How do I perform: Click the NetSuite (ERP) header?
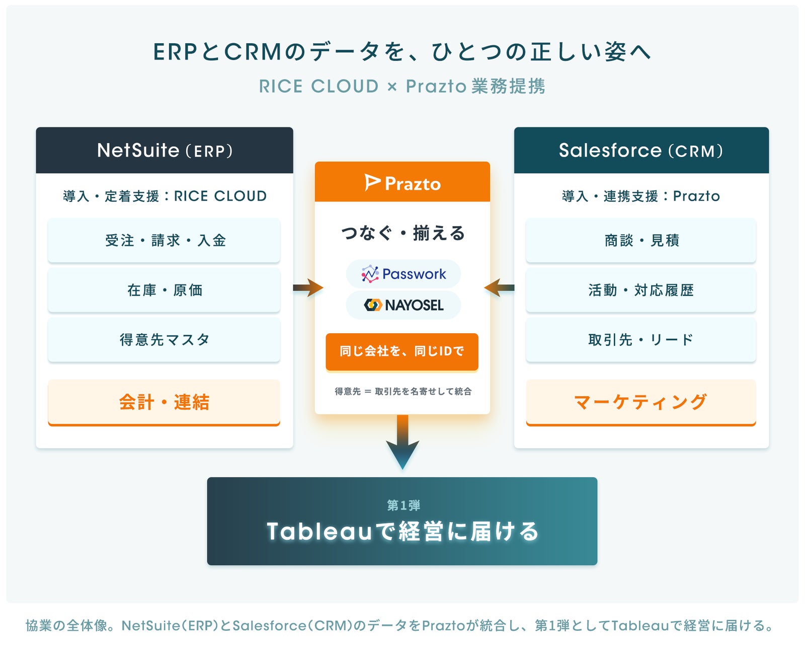click(x=164, y=150)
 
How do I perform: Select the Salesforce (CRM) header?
click(x=641, y=150)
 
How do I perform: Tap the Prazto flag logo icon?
click(x=372, y=183)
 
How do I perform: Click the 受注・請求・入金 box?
click(x=164, y=240)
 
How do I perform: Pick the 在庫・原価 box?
click(x=164, y=290)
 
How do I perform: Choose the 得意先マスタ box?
click(x=164, y=339)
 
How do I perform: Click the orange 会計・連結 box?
click(x=164, y=402)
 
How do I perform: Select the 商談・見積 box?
click(x=641, y=240)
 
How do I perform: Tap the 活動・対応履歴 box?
click(x=641, y=290)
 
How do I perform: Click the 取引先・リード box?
click(x=641, y=339)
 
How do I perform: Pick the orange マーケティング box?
click(x=641, y=402)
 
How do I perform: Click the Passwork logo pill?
click(x=403, y=273)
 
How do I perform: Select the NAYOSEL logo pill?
click(x=403, y=305)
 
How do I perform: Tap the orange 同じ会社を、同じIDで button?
click(x=402, y=351)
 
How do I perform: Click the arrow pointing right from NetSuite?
click(x=308, y=287)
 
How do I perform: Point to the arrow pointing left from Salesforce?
click(x=499, y=287)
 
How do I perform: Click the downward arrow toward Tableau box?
click(x=403, y=442)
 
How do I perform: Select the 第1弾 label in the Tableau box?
click(x=403, y=505)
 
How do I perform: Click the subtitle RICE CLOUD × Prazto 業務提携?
click(x=402, y=86)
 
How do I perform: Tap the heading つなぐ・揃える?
click(x=403, y=233)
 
